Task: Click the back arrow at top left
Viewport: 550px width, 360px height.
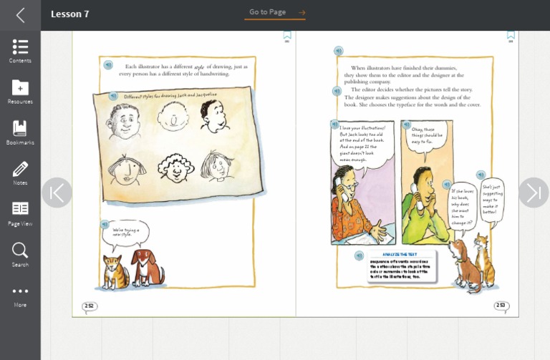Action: [20, 15]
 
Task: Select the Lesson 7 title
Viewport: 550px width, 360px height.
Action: [70, 14]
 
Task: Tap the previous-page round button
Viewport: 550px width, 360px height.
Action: [57, 193]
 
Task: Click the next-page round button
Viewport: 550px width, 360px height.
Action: [534, 193]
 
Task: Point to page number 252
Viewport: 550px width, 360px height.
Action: [90, 306]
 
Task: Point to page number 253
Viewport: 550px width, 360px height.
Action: [501, 306]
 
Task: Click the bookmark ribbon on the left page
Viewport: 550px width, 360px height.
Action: [287, 34]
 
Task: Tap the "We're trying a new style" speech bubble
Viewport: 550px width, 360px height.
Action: [127, 233]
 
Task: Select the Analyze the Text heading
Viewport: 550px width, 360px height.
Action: [400, 255]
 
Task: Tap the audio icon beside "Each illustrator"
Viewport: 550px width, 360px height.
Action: [108, 65]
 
